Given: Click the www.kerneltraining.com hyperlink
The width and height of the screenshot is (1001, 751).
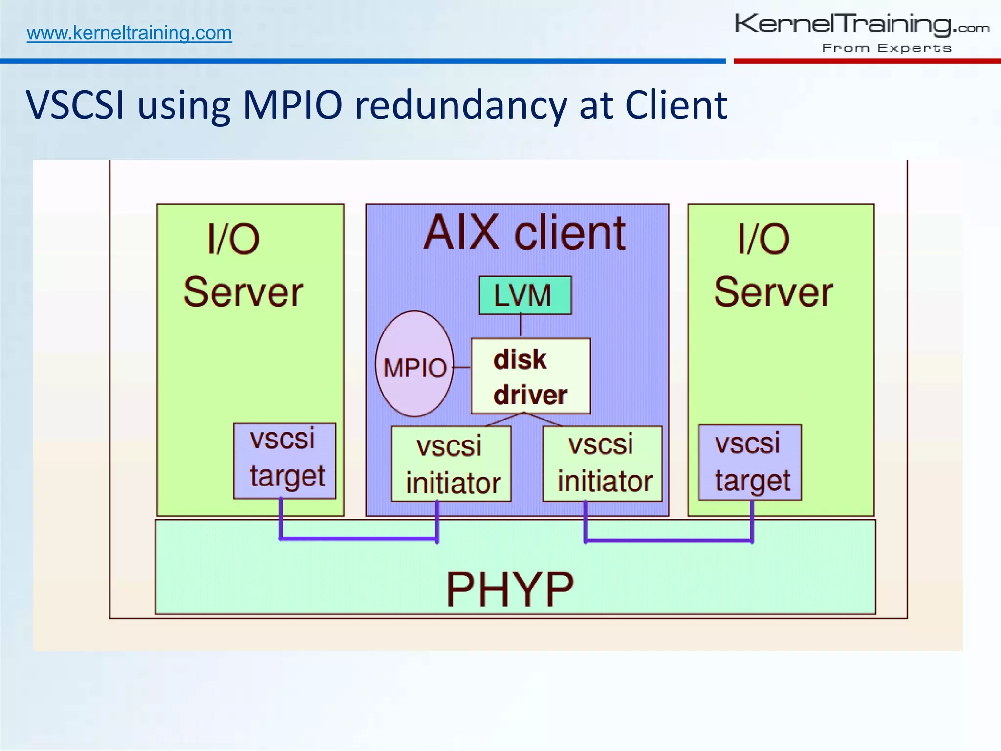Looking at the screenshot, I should click(129, 33).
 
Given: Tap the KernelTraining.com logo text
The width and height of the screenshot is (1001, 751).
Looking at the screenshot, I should click(861, 24).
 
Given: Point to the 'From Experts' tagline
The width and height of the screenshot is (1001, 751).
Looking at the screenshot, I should click(887, 48).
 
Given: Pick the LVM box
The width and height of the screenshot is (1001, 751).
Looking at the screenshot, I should click(525, 295).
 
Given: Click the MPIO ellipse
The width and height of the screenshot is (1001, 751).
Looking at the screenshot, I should click(414, 364).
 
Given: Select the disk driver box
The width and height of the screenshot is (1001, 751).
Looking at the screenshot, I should click(530, 376).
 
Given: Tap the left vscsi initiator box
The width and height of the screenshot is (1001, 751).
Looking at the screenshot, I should click(451, 464).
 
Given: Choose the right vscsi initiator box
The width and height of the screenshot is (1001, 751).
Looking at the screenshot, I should click(602, 464).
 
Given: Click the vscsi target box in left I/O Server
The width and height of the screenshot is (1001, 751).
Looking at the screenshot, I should click(285, 461).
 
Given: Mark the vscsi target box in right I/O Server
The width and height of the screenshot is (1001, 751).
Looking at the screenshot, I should click(750, 463).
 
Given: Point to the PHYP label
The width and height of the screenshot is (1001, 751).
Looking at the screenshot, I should click(510, 589).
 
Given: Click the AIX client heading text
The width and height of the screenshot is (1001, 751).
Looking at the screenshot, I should click(524, 233).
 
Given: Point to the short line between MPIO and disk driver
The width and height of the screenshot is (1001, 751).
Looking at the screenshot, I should click(462, 367).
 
